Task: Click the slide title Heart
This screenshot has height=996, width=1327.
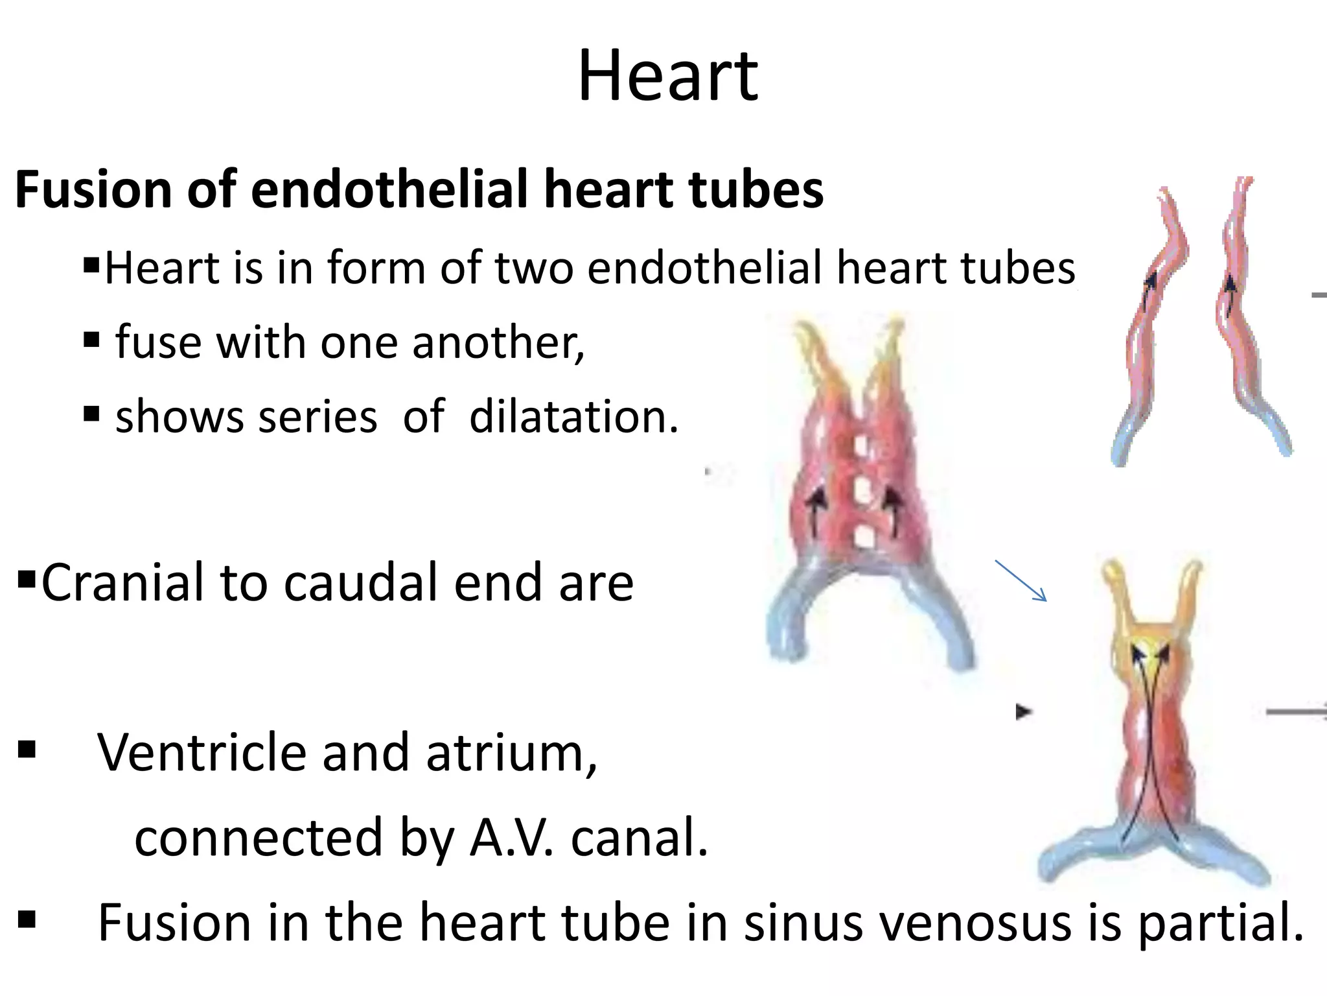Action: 667,77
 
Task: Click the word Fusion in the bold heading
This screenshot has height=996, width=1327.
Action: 91,190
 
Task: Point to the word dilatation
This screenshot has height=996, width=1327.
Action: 573,416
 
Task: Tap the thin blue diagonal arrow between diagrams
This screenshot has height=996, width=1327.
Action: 1021,580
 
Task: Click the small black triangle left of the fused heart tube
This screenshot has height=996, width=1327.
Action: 1023,712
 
